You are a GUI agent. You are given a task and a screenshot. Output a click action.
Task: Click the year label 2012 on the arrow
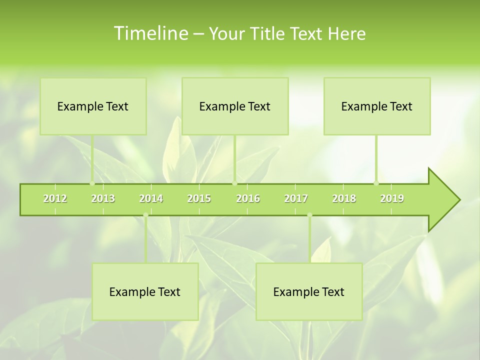(55, 198)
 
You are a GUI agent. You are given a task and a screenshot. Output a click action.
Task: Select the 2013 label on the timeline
(103, 198)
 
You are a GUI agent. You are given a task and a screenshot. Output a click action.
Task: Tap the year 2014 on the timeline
(151, 198)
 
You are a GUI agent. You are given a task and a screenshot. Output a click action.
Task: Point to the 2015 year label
(199, 198)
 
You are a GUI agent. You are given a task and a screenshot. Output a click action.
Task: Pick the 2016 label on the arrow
(248, 198)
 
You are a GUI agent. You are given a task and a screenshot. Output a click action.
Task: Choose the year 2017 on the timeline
(296, 198)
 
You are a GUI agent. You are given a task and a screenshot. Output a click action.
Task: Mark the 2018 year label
(344, 198)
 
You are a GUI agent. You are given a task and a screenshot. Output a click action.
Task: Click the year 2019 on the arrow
(392, 198)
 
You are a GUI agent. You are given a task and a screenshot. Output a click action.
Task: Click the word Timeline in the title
(150, 33)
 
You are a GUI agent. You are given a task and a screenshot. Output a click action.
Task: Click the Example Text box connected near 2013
(93, 106)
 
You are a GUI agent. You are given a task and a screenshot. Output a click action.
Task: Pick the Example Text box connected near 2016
(235, 106)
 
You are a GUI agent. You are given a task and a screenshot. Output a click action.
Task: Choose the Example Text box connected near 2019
(377, 106)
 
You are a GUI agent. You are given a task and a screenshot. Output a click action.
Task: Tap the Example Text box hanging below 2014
(145, 291)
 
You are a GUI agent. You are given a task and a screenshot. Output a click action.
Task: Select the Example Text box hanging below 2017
(309, 291)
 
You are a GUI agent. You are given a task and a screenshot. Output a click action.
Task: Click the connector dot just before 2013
(92, 183)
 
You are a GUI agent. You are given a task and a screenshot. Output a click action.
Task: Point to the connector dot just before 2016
(234, 183)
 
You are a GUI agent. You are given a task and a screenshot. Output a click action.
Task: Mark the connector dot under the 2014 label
(145, 215)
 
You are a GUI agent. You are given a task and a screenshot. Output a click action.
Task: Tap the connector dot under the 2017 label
(309, 215)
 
